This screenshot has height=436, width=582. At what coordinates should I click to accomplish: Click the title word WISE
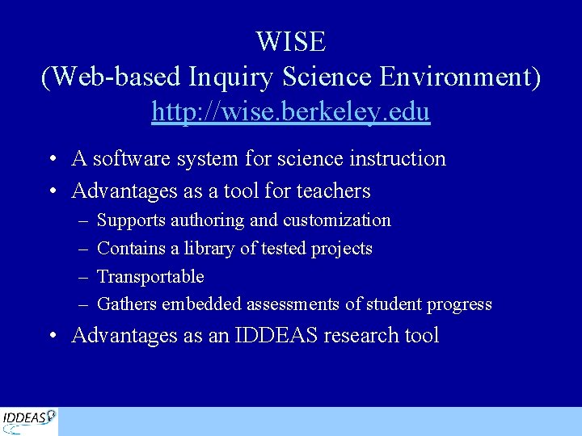[291, 41]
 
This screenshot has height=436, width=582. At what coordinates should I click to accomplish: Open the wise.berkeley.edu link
[291, 111]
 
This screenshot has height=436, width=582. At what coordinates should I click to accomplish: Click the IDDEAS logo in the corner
[29, 421]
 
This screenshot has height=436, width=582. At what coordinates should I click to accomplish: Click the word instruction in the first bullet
[397, 159]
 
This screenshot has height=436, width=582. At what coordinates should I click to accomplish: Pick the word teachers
[333, 191]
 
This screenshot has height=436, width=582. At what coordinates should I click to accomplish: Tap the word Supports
[131, 220]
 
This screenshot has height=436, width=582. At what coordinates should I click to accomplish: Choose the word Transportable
[150, 277]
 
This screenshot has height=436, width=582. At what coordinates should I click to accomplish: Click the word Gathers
[127, 304]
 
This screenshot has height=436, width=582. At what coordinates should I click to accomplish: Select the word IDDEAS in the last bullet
[276, 336]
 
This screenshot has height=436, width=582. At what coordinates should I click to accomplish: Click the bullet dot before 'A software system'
[52, 160]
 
